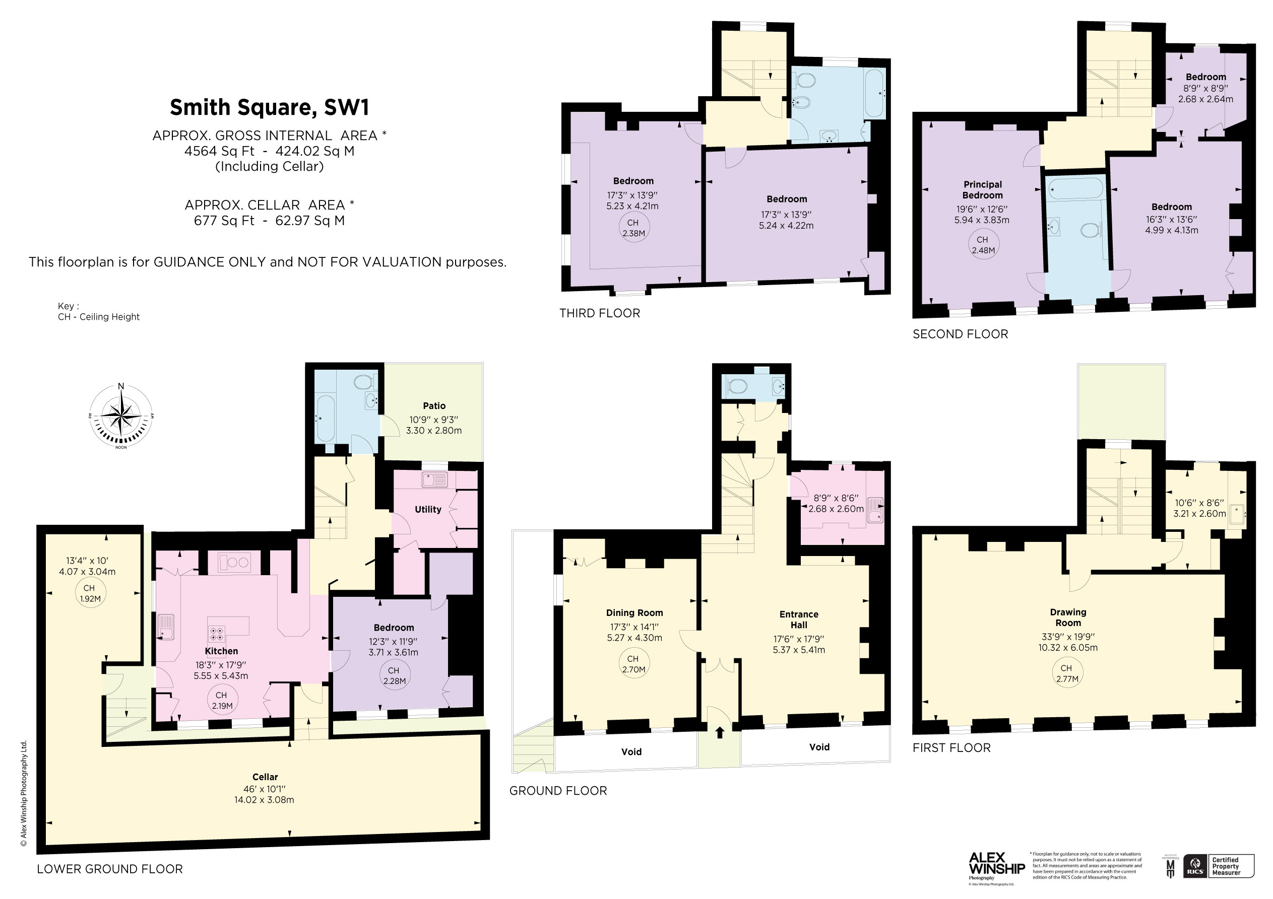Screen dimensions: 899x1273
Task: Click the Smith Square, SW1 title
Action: point(269,107)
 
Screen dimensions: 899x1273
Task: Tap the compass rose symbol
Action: point(121,416)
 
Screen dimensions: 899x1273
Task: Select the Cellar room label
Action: point(265,777)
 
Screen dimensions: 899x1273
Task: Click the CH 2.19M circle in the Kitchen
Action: point(222,700)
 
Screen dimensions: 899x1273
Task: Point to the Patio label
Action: point(433,406)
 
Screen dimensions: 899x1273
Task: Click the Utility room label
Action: point(427,509)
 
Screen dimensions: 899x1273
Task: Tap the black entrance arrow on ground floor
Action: point(720,733)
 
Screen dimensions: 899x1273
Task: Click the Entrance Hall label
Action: point(798,619)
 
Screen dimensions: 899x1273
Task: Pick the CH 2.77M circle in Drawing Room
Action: point(1067,673)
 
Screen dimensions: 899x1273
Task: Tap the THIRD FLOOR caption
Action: point(599,313)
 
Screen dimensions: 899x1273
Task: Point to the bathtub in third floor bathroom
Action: point(874,93)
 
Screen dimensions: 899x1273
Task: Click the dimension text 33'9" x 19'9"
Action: point(1068,637)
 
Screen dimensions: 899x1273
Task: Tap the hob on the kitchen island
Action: point(217,634)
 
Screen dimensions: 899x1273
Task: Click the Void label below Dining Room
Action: point(631,751)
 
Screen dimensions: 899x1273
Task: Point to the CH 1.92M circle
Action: point(90,593)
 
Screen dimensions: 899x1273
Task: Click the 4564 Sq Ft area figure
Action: point(219,151)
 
